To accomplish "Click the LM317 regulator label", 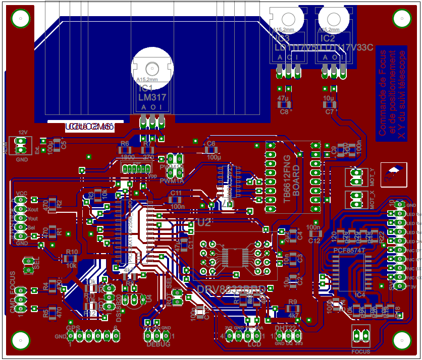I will tap(152, 97).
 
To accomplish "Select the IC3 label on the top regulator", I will tap(282, 38).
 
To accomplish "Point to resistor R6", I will tap(124, 150).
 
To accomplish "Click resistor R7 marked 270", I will tap(147, 150).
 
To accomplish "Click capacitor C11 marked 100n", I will tap(177, 200).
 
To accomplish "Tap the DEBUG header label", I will tap(157, 344).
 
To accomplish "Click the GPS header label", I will tap(73, 328).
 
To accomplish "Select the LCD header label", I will tap(254, 344).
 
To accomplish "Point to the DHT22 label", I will tap(285, 328).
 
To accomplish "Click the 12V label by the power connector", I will tap(22, 133).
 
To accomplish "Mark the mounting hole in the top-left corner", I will tap(20, 20).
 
